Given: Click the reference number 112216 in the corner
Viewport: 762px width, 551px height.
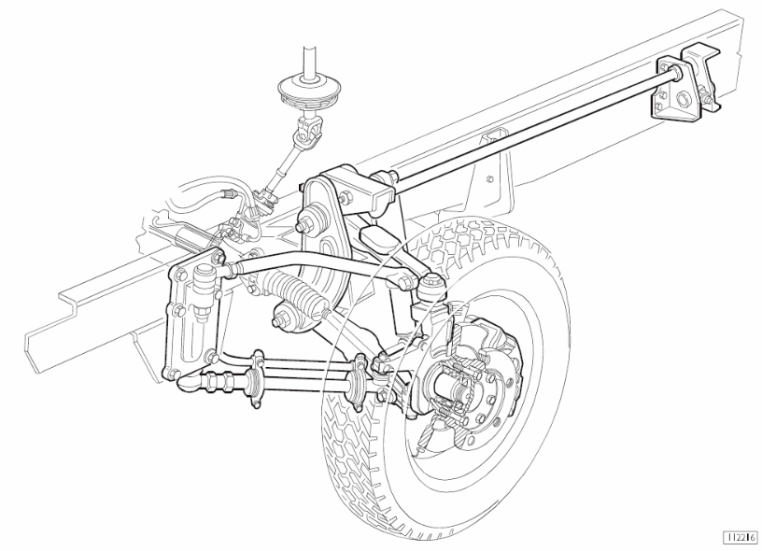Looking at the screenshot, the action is point(741,537).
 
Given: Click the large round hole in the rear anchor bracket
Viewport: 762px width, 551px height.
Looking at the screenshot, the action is point(682,101).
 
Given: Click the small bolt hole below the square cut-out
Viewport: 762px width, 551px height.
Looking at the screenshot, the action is point(491,178).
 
